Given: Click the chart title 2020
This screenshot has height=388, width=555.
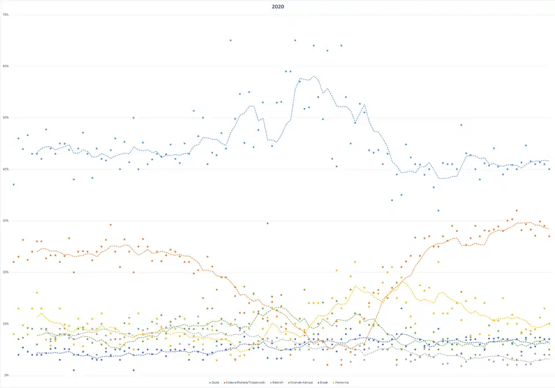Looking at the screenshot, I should click(277, 6).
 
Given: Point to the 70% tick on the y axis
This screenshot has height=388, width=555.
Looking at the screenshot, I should click(6, 14).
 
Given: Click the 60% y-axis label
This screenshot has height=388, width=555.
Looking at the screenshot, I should click(6, 66).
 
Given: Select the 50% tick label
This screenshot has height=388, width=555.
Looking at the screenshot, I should click(6, 117).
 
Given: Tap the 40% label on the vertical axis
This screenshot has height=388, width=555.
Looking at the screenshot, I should click(6, 169).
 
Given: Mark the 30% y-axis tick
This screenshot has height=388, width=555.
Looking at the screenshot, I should click(6, 220).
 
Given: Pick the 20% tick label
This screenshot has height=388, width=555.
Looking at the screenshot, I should click(6, 272).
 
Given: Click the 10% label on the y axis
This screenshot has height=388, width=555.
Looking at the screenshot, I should click(6, 323).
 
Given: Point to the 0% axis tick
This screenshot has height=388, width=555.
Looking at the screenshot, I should click(6, 375).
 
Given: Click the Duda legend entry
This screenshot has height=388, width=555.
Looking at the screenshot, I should click(215, 382).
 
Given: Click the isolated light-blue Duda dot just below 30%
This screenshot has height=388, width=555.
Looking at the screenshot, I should click(267, 223).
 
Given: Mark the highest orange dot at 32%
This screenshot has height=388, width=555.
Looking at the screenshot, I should click(516, 210).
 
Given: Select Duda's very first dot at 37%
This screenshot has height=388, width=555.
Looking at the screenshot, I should click(13, 184).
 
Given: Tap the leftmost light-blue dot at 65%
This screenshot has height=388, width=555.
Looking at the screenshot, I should click(230, 40).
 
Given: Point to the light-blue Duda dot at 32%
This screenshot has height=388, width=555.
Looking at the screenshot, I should click(438, 210).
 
